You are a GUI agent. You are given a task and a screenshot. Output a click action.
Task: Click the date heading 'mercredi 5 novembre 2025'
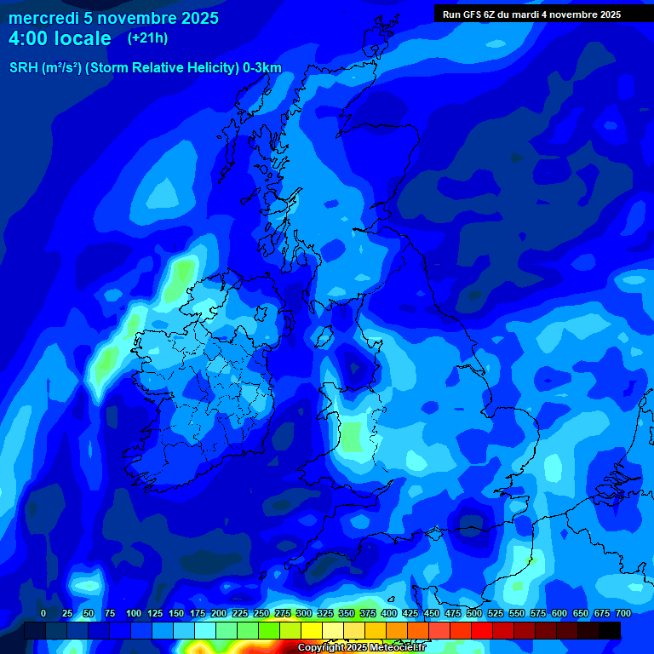click(x=113, y=18)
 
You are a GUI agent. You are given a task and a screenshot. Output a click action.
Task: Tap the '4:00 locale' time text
click(x=60, y=38)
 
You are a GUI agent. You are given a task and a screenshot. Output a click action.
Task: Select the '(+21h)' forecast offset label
click(x=147, y=38)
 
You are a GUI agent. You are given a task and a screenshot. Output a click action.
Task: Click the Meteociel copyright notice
click(x=361, y=648)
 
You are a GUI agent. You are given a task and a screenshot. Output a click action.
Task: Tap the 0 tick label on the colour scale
click(x=43, y=613)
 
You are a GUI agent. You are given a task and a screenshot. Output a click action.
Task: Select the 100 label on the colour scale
click(x=133, y=613)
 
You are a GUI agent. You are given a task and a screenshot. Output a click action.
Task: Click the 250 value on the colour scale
click(x=261, y=613)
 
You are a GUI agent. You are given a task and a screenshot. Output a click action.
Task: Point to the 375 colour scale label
click(x=368, y=613)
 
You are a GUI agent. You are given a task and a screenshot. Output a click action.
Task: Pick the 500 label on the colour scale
click(x=474, y=613)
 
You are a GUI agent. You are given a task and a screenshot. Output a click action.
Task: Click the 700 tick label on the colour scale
click(x=623, y=613)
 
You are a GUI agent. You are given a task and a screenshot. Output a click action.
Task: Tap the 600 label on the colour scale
click(x=559, y=613)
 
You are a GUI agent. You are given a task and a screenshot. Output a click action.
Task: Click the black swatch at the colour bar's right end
click(x=610, y=630)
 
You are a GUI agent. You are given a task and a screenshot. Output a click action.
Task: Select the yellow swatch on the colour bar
click(x=312, y=630)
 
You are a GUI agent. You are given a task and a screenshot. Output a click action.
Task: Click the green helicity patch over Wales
click(x=351, y=436)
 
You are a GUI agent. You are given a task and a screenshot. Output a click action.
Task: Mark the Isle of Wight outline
click(x=437, y=534)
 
